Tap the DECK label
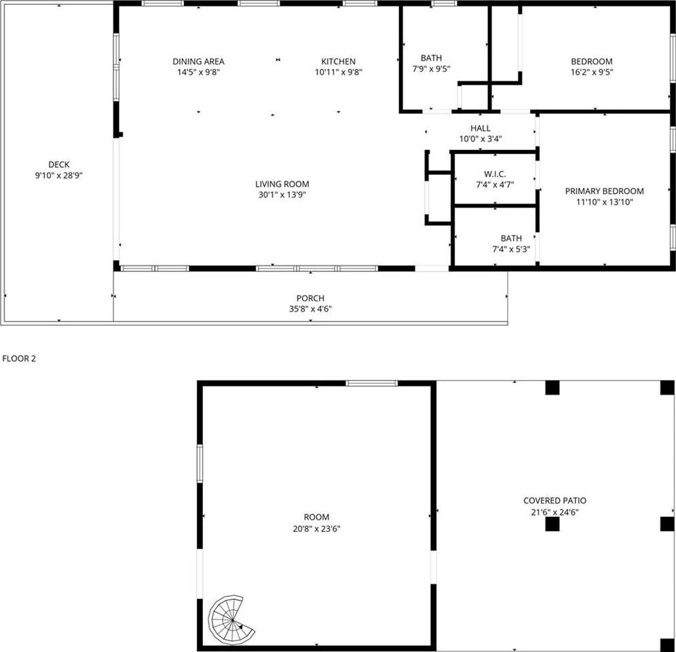click(58, 164)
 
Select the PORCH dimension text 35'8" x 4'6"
click(310, 309)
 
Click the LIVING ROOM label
click(282, 184)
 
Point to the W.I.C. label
click(495, 174)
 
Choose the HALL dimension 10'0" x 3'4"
click(481, 139)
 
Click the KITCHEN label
click(339, 62)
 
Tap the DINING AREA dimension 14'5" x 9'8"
click(198, 72)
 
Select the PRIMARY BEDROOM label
click(605, 191)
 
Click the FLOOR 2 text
click(19, 358)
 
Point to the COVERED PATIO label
click(555, 500)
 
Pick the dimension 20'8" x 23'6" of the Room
click(316, 529)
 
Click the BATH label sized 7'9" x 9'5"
click(431, 58)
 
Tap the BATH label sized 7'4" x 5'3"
click(511, 238)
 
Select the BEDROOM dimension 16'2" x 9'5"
click(592, 72)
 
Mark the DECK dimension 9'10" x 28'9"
click(58, 176)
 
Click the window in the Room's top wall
click(371, 383)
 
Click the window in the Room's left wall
click(200, 463)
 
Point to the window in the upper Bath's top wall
click(444, 3)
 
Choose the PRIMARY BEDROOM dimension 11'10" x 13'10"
click(605, 202)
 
